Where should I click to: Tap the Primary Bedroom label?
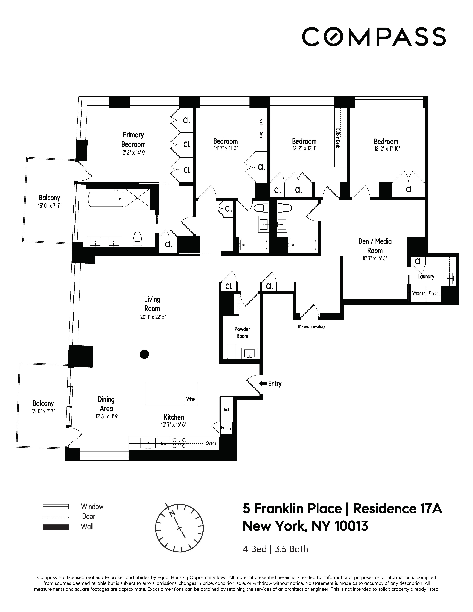(x=133, y=140)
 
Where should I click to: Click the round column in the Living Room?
(x=144, y=354)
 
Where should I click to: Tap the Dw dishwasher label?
(x=164, y=443)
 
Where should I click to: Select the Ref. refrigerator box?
(x=227, y=409)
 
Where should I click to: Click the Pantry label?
(x=226, y=428)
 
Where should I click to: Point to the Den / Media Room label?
(x=375, y=246)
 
